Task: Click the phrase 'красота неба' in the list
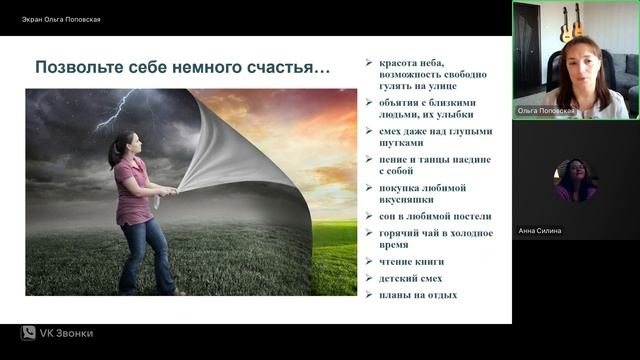click(412, 63)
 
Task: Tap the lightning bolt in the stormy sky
click(118, 107)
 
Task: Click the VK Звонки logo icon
click(28, 333)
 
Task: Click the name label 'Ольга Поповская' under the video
click(545, 109)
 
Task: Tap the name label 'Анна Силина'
click(541, 231)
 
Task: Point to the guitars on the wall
click(572, 24)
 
